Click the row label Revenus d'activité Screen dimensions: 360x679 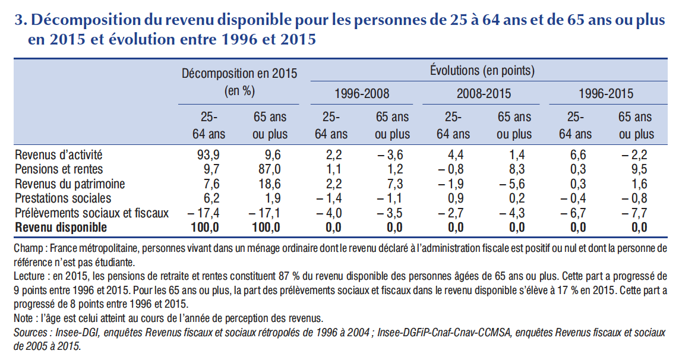coord(58,155)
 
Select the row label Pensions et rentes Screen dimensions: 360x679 coord(55,169)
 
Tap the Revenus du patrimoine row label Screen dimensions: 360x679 coord(70,184)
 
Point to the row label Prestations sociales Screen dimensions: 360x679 coord(62,198)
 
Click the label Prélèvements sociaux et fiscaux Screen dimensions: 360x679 coord(91,213)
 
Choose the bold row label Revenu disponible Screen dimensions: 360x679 coord(61,227)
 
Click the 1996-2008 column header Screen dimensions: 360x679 coord(361,94)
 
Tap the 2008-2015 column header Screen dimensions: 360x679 coord(484,94)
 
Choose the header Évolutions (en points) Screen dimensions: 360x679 coord(482,71)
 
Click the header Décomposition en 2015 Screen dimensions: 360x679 coord(239,74)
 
